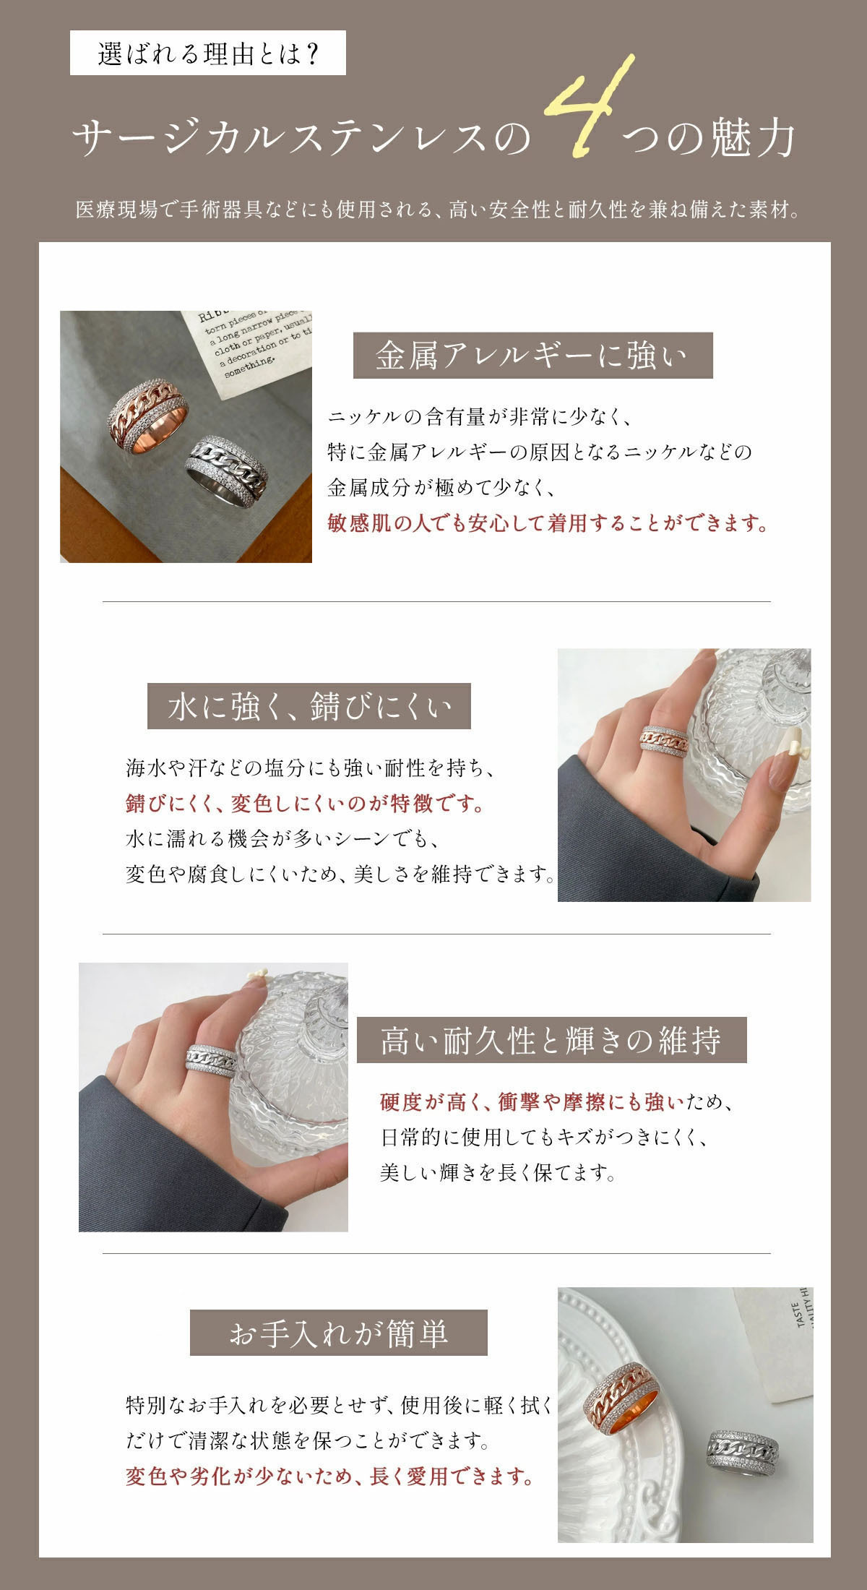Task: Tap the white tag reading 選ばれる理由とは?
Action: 208,53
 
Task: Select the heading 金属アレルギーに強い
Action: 532,356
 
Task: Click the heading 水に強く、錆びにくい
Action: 309,706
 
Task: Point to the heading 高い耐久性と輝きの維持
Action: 551,1040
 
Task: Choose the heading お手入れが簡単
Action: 339,1333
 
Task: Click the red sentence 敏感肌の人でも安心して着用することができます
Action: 547,523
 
